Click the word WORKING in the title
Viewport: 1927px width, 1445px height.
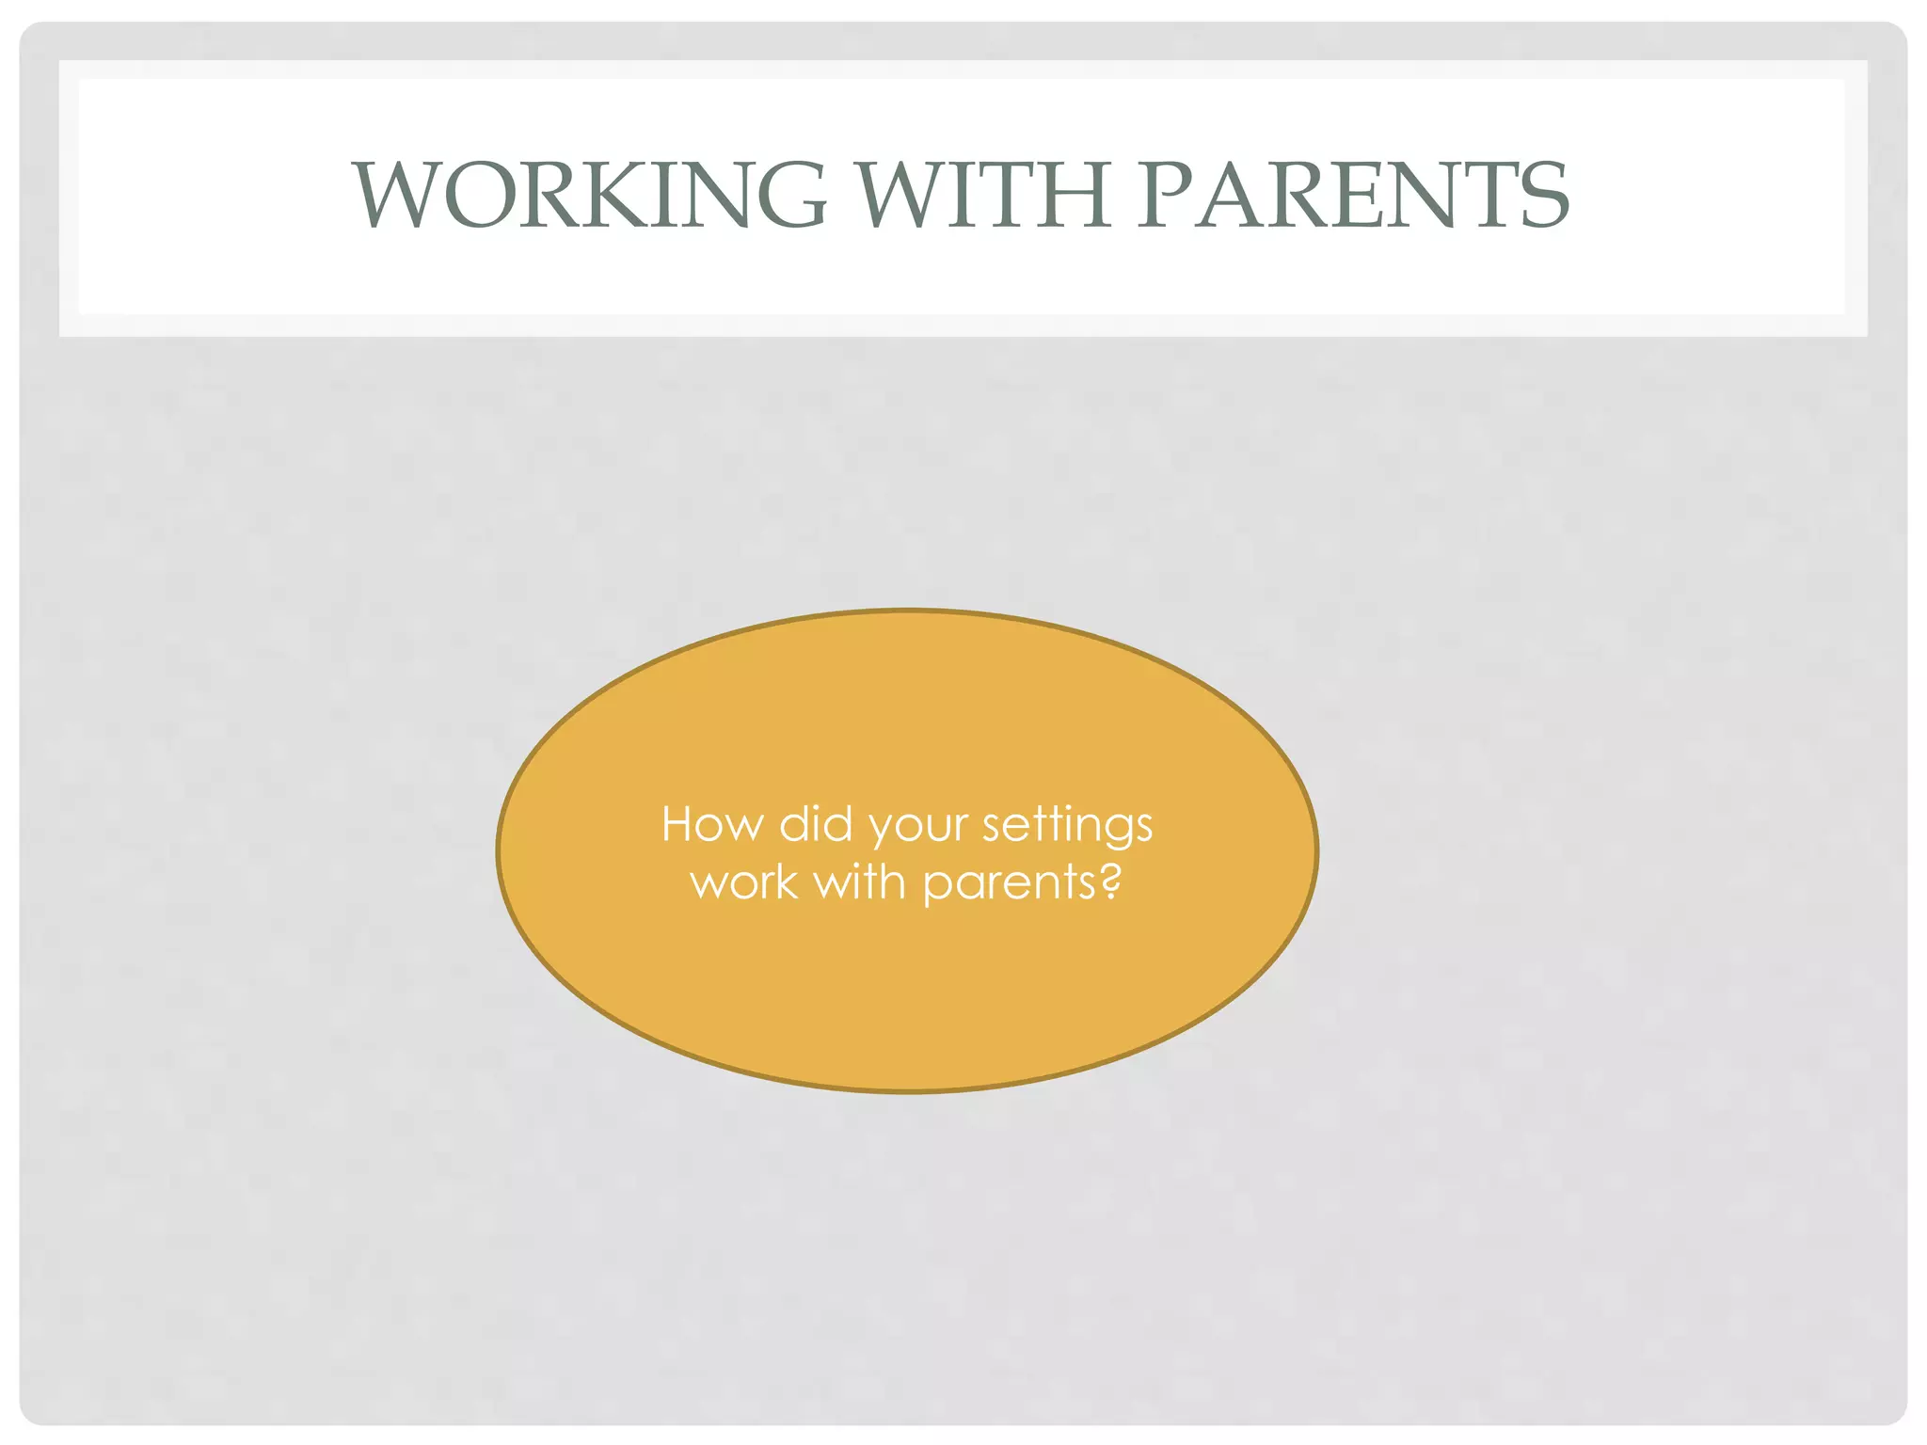click(x=590, y=195)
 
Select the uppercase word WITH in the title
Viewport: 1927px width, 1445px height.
click(x=983, y=195)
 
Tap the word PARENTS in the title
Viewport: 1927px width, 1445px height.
click(x=1353, y=195)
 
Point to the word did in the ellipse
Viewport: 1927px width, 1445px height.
click(x=816, y=825)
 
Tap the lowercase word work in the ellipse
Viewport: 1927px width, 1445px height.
click(x=744, y=883)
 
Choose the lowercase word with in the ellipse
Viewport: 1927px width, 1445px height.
click(x=859, y=881)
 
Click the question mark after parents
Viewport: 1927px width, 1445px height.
click(x=1110, y=881)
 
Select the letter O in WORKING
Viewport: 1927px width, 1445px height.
click(x=476, y=195)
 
